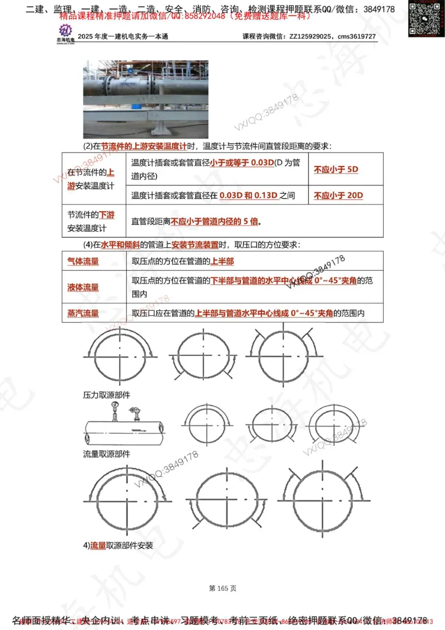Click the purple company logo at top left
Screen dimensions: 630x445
coord(66,32)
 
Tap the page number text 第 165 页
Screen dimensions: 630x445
coord(222,588)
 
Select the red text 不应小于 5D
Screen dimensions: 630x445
coord(336,169)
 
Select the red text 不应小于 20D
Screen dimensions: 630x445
coord(338,196)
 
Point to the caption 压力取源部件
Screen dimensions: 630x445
coord(107,394)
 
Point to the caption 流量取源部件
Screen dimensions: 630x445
coord(107,454)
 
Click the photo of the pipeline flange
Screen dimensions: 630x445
coord(146,99)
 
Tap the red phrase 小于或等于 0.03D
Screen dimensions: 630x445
coord(243,163)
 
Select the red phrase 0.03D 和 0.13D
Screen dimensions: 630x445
coord(248,196)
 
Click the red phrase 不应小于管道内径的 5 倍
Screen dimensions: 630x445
coord(215,221)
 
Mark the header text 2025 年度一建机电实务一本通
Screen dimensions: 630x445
coord(123,36)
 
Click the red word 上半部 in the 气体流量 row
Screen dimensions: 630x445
coord(222,261)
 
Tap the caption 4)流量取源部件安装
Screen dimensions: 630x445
coord(118,545)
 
